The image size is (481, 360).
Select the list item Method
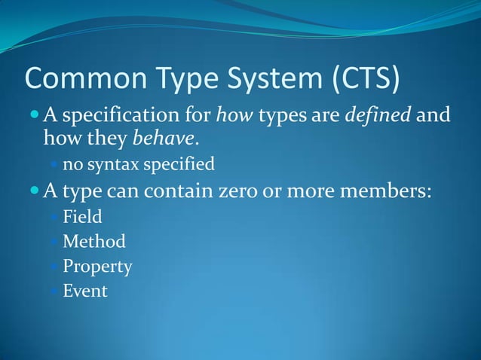94,242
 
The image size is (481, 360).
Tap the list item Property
97,266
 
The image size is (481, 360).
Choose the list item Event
85,290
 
